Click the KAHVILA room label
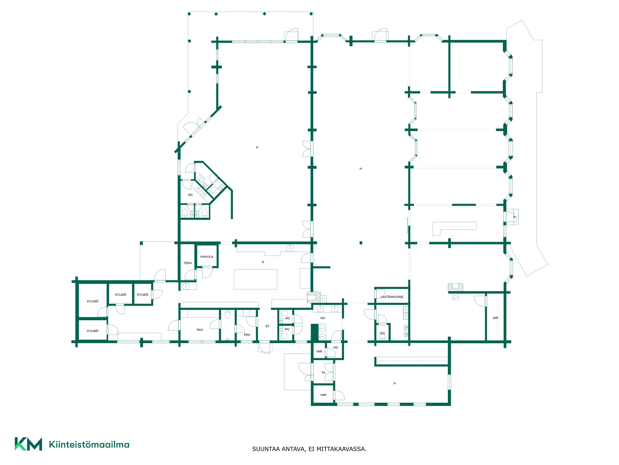click(207, 257)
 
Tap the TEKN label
click(188, 263)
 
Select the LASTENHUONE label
click(392, 297)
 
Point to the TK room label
click(323, 373)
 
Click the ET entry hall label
click(268, 326)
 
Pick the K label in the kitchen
click(263, 262)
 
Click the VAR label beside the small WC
click(319, 352)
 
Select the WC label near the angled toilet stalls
click(190, 195)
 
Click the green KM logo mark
click(28, 444)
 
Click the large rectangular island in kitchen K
click(255, 279)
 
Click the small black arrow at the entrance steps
click(514, 217)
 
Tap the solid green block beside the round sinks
click(315, 333)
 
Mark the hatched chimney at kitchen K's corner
click(314, 297)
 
